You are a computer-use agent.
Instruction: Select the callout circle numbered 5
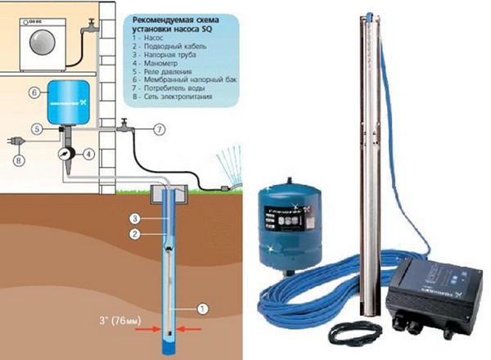[37, 128]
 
